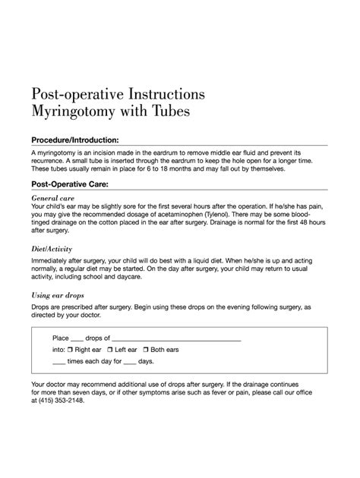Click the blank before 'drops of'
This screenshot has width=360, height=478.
click(x=77, y=338)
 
